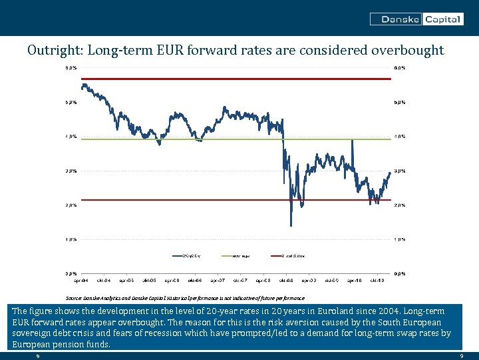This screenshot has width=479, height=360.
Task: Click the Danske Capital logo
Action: pos(416,19)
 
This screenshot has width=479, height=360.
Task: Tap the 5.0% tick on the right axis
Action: pos(399,103)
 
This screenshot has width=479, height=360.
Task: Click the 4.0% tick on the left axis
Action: pos(71,137)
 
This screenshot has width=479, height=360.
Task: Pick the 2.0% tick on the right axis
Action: pos(399,205)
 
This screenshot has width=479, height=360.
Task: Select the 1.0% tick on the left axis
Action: pos(71,239)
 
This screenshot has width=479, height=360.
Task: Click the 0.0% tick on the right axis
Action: pos(399,273)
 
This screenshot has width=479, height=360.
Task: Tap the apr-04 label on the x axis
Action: pos(81,281)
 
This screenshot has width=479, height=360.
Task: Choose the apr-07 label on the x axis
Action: pos(218,281)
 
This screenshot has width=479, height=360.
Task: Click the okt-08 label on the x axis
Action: pos(286,281)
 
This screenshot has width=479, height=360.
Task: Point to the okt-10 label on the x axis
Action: pos(377,281)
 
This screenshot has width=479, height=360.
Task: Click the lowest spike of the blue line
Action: pos(291,225)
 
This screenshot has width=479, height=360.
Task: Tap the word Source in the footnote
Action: pos(73,298)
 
